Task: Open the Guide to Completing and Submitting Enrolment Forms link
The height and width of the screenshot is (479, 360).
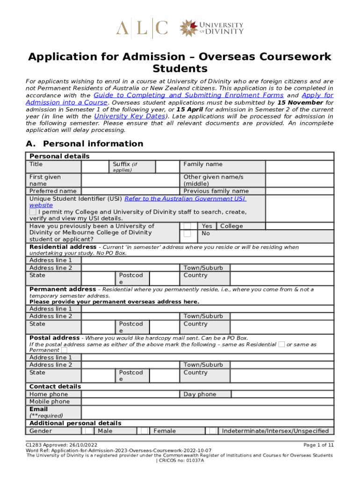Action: [x=188, y=95]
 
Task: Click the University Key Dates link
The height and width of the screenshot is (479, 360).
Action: [x=130, y=116]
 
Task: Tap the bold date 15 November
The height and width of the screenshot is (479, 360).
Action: [x=300, y=102]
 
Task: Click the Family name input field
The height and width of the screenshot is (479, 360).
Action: [x=299, y=167]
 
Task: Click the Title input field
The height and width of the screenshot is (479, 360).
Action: [x=95, y=167]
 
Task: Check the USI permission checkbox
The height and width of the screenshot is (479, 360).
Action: [x=33, y=212]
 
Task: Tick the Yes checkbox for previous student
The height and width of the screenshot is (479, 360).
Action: [x=187, y=226]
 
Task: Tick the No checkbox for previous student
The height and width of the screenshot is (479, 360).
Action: [x=187, y=233]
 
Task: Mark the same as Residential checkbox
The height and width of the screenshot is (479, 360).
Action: [x=281, y=344]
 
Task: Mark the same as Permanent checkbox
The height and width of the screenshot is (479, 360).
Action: [x=64, y=350]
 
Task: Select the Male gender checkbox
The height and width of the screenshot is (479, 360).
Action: [x=88, y=431]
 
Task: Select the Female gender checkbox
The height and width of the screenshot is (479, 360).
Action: [x=144, y=431]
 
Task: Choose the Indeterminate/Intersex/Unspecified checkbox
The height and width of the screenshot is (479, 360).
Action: [x=213, y=431]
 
